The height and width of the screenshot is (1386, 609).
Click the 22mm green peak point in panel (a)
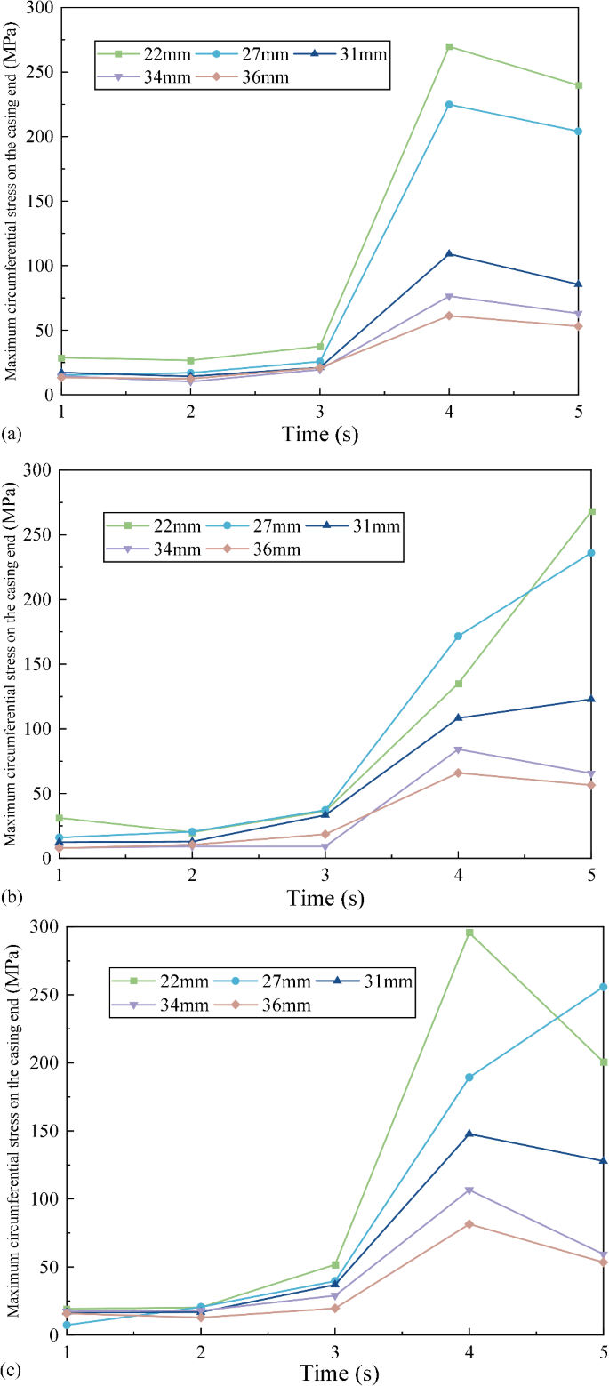pyautogui.click(x=449, y=46)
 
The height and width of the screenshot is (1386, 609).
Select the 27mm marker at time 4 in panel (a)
pyautogui.click(x=449, y=105)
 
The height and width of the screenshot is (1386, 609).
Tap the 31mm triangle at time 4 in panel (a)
pyautogui.click(x=449, y=253)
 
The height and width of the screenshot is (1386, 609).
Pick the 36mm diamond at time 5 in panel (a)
pyautogui.click(x=579, y=325)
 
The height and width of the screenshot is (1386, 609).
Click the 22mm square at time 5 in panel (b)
pyautogui.click(x=591, y=511)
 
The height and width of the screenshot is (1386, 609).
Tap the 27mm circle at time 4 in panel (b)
pyautogui.click(x=458, y=636)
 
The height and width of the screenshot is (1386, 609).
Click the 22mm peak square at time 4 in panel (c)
pyautogui.click(x=469, y=933)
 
